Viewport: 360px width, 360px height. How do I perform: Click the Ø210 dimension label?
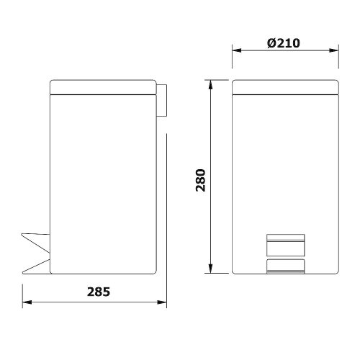(x=283, y=42)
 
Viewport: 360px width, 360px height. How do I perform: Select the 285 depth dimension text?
(x=98, y=292)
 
